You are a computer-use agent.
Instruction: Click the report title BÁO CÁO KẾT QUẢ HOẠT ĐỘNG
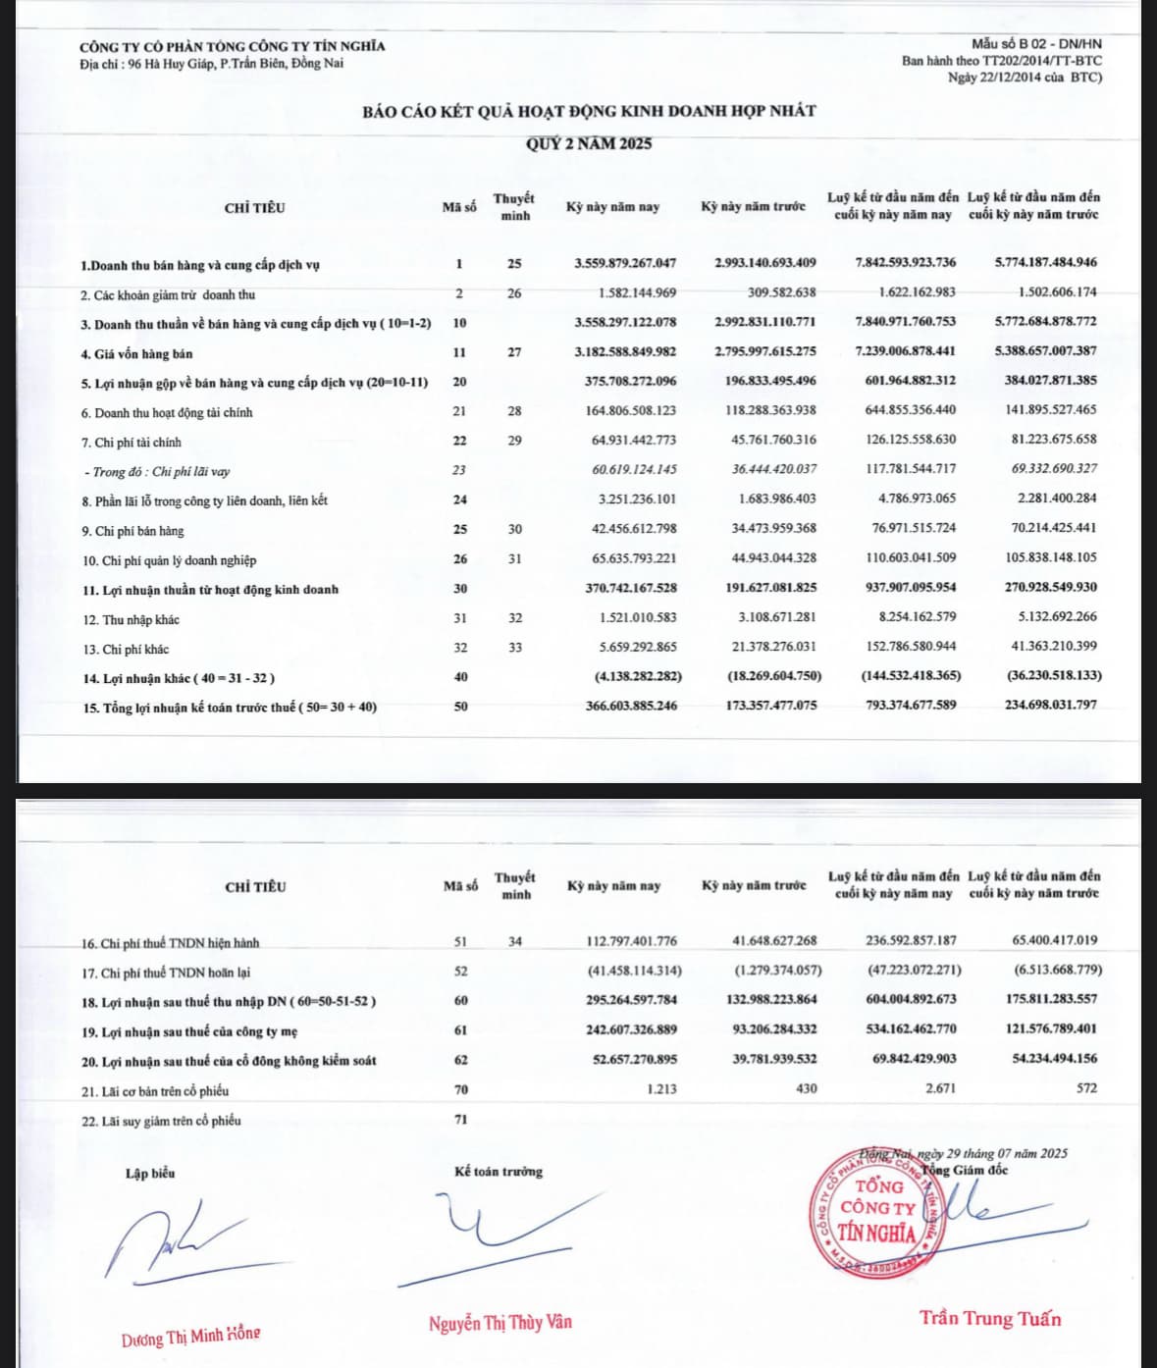pyautogui.click(x=589, y=111)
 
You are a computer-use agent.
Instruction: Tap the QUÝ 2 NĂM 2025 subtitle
pyautogui.click(x=589, y=144)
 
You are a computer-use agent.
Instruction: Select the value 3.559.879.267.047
pyautogui.click(x=625, y=263)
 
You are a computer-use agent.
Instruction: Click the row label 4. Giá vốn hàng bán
pyautogui.click(x=136, y=353)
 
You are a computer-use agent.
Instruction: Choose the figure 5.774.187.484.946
pyautogui.click(x=1046, y=263)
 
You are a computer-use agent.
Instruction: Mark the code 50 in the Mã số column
pyautogui.click(x=460, y=707)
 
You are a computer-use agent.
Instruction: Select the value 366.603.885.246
pyautogui.click(x=625, y=706)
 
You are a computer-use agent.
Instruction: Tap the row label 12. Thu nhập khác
pyautogui.click(x=130, y=620)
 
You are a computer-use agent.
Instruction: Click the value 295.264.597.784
pyautogui.click(x=625, y=1000)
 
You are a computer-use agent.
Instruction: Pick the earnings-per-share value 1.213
pyautogui.click(x=661, y=1088)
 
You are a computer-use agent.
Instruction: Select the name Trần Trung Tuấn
pyautogui.click(x=990, y=1319)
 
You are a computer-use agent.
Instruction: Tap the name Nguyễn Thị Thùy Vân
pyautogui.click(x=500, y=1323)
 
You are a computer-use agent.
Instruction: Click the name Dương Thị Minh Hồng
pyautogui.click(x=191, y=1337)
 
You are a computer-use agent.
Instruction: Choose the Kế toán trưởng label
pyautogui.click(x=499, y=1172)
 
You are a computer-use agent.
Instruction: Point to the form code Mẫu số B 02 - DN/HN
pyautogui.click(x=1036, y=44)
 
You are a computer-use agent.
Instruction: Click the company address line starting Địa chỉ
pyautogui.click(x=211, y=64)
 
